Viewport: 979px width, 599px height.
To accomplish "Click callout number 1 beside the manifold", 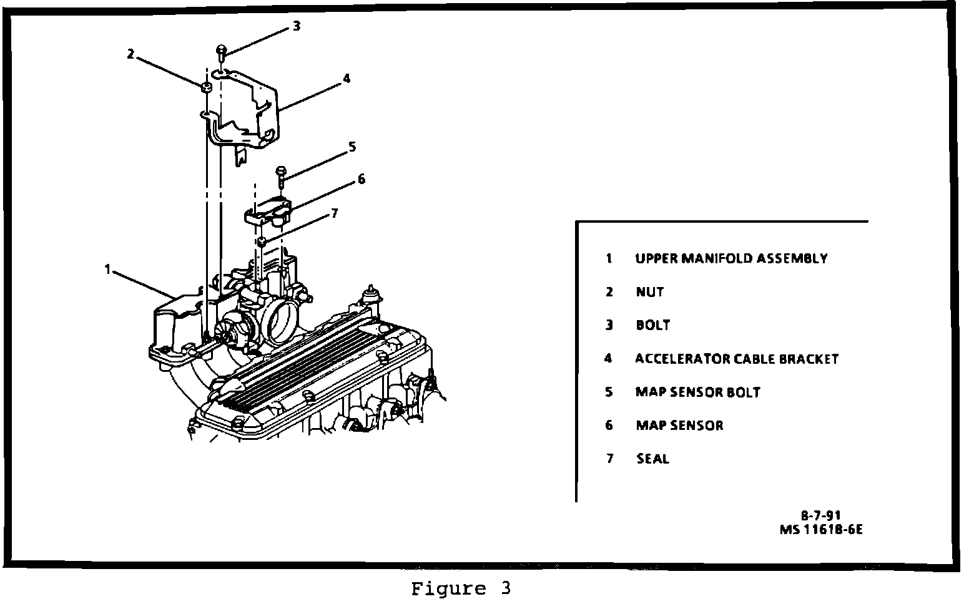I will pos(107,270).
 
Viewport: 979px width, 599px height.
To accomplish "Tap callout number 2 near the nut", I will pos(130,54).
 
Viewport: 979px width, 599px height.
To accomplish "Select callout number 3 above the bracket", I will pos(296,26).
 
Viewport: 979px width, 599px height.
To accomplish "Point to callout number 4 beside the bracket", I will pos(346,79).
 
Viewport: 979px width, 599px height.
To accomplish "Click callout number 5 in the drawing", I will pos(352,147).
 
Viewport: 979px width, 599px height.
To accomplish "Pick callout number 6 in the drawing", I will pos(361,180).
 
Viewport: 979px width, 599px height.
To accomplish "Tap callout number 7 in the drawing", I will pos(334,213).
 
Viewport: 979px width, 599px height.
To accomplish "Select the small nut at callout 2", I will pos(205,86).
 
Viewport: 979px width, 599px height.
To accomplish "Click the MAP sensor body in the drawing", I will pos(268,212).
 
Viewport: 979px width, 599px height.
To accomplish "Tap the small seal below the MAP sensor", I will pos(263,241).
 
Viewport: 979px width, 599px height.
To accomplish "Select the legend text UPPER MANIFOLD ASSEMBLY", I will pos(731,258).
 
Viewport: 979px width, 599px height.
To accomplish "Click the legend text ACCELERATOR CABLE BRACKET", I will pos(737,359).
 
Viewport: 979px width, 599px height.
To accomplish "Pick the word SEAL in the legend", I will pos(652,459).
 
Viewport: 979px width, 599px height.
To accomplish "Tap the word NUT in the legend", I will pos(650,292).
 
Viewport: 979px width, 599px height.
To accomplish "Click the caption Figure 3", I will pos(461,588).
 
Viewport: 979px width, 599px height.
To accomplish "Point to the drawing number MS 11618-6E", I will pos(822,530).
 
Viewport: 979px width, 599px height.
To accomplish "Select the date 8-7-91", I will pos(821,515).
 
